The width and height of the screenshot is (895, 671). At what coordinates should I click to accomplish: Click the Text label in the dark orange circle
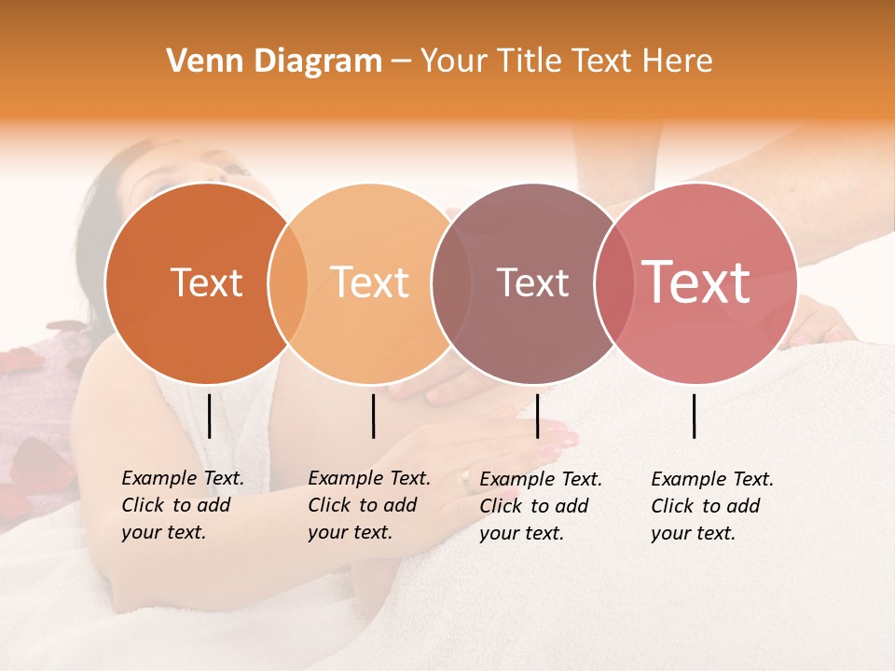tap(206, 282)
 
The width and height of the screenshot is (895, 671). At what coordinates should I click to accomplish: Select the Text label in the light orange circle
tap(370, 282)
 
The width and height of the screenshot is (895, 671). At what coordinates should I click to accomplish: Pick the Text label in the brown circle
tap(532, 282)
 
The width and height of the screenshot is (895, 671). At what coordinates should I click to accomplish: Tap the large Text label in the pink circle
tap(696, 282)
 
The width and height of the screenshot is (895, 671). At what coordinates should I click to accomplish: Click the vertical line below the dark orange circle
tap(209, 416)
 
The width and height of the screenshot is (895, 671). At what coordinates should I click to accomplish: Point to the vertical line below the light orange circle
tap(373, 416)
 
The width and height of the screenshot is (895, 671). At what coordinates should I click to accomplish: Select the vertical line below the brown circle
tap(537, 416)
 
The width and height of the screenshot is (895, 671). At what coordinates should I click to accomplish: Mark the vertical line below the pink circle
tap(694, 416)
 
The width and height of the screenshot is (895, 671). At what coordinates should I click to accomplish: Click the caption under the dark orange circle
tap(182, 506)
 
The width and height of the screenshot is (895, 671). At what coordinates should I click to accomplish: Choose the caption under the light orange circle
tap(368, 506)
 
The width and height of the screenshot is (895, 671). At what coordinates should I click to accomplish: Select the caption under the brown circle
tap(540, 506)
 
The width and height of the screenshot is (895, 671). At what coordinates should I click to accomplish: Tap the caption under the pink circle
tap(711, 506)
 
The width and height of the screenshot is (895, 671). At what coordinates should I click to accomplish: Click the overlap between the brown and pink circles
tap(611, 283)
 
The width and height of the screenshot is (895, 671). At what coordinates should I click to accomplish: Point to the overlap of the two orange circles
tap(288, 283)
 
